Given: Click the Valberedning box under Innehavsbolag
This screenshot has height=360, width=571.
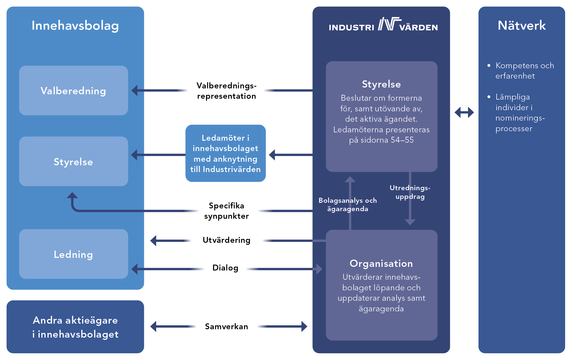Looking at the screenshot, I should point(74,91).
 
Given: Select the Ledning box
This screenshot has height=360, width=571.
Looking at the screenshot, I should point(74,254).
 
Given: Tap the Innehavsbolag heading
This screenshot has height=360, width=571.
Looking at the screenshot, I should point(75,26).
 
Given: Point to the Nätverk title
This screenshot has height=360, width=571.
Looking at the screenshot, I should point(522,26).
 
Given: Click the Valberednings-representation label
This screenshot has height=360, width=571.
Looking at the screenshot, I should point(226,91).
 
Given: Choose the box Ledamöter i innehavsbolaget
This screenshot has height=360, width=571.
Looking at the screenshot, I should point(225,153).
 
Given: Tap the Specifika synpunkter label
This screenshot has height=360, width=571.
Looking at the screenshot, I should point(226,211).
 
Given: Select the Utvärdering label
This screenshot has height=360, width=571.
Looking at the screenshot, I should point(226,240).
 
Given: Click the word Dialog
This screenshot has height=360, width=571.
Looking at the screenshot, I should point(225,268).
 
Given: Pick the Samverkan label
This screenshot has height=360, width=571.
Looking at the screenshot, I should point(226,326).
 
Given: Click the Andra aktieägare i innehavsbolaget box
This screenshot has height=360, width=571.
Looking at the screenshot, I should point(75,327).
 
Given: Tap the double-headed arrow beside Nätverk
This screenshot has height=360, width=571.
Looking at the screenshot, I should point(464,112).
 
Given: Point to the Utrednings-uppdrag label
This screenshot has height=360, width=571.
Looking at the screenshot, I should point(410,192).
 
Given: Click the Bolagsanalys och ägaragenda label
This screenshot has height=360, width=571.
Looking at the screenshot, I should point(348,204).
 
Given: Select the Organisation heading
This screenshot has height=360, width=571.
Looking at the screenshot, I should point(381,263).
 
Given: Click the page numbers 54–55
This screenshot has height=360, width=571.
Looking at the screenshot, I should point(402,140).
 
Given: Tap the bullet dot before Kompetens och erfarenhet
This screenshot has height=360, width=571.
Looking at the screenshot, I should point(489,65).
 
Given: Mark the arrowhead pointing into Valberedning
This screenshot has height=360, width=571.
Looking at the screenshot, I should point(135,90).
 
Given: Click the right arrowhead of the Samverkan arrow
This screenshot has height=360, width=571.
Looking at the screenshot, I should point(304,326).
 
